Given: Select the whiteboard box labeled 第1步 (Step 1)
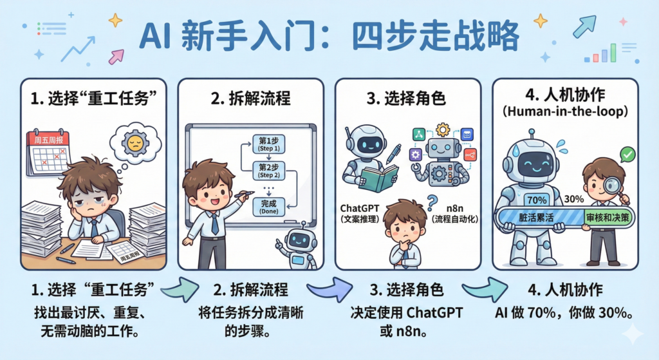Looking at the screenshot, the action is [269, 144].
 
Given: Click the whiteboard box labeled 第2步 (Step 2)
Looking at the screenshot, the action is [269, 171].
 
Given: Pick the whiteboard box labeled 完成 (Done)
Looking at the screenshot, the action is [269, 207].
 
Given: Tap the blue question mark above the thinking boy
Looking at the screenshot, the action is [432, 203].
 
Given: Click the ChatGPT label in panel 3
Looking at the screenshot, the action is [360, 209].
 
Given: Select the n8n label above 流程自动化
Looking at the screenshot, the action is [455, 209].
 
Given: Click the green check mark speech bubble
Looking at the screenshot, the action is [627, 155].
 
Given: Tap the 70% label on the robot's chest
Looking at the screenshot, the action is [537, 200].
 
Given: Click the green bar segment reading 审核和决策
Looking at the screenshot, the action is [608, 218].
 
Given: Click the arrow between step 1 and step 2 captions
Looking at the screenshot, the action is [180, 289].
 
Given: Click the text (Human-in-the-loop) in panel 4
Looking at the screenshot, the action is [565, 111].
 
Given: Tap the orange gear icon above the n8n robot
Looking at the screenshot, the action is [443, 129].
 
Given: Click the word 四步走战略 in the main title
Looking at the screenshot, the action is [436, 37].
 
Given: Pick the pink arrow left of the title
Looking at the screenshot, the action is [116, 57].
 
